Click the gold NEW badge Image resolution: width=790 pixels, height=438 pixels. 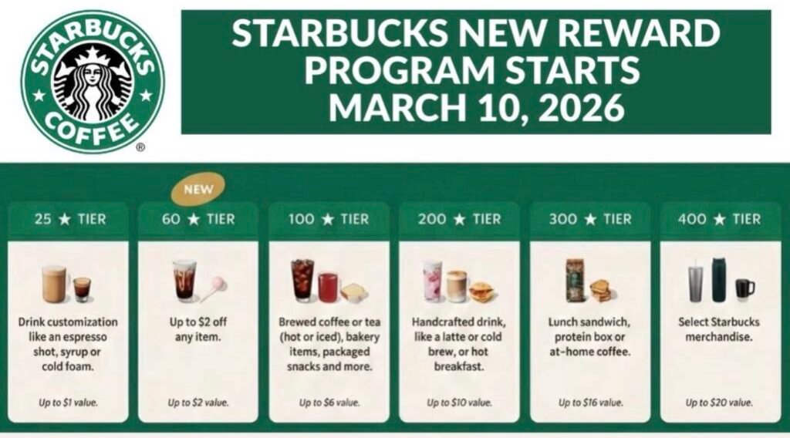click(198, 189)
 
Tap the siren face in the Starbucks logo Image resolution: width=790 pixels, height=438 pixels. click(93, 76)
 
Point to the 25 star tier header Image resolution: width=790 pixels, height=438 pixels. click(70, 219)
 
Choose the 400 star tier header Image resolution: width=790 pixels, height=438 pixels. click(719, 219)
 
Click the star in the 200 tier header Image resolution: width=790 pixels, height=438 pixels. click(459, 220)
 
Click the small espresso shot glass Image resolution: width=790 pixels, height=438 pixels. click(82, 289)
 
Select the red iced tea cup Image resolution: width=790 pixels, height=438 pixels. click(329, 287)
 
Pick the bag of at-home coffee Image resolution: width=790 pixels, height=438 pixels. click(576, 281)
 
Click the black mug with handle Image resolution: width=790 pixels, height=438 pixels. click(744, 289)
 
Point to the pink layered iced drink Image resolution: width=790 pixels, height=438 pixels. click(432, 281)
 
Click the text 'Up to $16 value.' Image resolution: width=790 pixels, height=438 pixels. click(590, 403)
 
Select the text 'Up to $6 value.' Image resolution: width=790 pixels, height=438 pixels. click(329, 403)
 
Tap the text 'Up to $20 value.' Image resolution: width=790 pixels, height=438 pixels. click(719, 403)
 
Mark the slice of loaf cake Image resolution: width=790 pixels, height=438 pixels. click(353, 292)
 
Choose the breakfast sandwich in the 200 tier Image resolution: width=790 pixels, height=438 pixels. click(482, 291)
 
